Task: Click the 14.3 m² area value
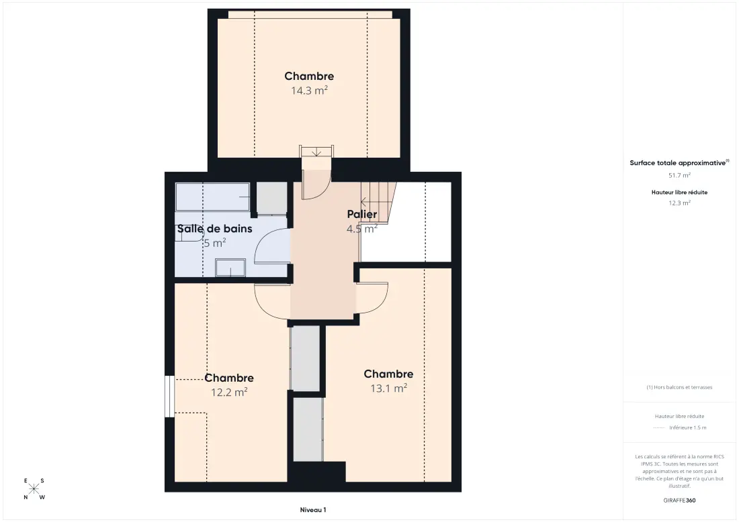click(309, 91)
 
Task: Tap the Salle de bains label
click(214, 229)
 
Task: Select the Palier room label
click(362, 214)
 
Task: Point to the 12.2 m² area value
click(229, 392)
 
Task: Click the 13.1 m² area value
click(388, 388)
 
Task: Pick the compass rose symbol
click(34, 489)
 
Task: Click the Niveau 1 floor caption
click(313, 510)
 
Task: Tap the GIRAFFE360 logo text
click(679, 501)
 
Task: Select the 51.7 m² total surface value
click(679, 176)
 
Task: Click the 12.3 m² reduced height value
click(679, 203)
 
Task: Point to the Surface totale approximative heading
click(679, 163)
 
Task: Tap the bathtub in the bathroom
click(212, 197)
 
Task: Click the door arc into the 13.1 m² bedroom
click(372, 298)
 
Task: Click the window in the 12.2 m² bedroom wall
click(169, 396)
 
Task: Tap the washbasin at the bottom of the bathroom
click(230, 267)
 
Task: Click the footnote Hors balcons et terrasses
click(679, 387)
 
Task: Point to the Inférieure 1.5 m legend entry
click(688, 428)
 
